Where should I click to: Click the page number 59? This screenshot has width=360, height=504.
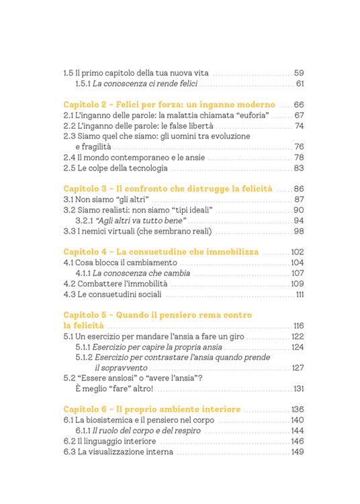click(300, 72)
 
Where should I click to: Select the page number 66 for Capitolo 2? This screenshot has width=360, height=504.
click(300, 105)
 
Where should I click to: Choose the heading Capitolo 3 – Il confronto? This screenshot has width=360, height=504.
click(169, 189)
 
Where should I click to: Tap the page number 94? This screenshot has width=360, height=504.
click(300, 221)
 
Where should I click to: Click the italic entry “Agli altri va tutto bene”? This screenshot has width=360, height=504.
click(135, 221)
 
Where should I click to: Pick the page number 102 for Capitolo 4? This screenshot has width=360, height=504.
click(298, 252)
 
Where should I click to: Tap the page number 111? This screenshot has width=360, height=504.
click(300, 294)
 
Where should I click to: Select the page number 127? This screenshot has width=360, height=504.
click(298, 368)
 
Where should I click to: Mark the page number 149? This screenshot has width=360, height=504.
click(298, 452)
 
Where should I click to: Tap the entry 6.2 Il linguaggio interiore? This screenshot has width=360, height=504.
click(109, 442)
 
